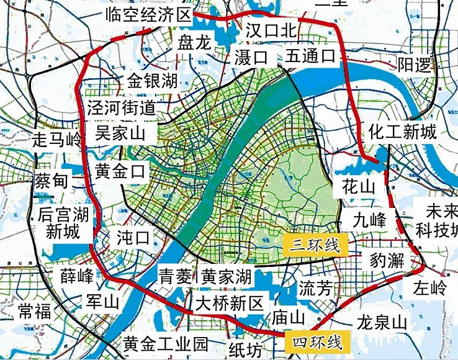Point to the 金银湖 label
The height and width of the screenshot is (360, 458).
[x=152, y=81]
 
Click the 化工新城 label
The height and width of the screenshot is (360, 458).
[x=403, y=131]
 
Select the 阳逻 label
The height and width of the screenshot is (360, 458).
[x=414, y=66]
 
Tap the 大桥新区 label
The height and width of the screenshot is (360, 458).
[x=230, y=304]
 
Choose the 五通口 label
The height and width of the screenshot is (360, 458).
[x=310, y=57]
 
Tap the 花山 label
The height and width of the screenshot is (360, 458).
[x=359, y=186]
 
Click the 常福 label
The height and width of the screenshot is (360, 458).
[x=34, y=311]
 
